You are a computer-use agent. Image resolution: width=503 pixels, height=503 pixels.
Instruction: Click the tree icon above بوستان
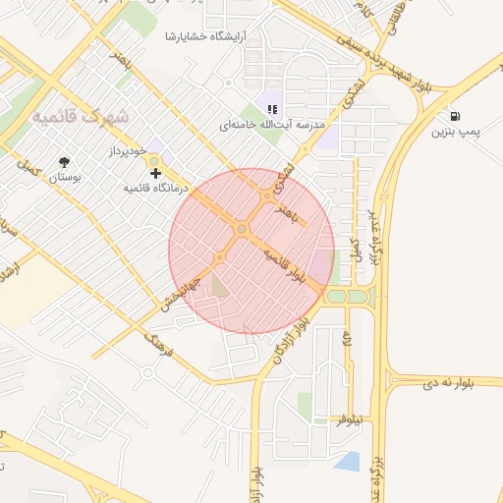(x=65, y=161)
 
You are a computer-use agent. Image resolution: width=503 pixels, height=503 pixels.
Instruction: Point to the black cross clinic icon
(x=154, y=173)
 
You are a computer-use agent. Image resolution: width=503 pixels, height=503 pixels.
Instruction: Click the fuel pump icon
(x=455, y=115)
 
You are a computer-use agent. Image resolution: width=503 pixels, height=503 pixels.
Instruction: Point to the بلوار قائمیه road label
(x=294, y=267)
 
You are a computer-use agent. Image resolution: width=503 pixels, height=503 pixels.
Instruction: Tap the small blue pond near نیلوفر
(x=347, y=461)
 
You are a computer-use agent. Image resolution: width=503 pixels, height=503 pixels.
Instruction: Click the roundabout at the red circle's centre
(x=242, y=229)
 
